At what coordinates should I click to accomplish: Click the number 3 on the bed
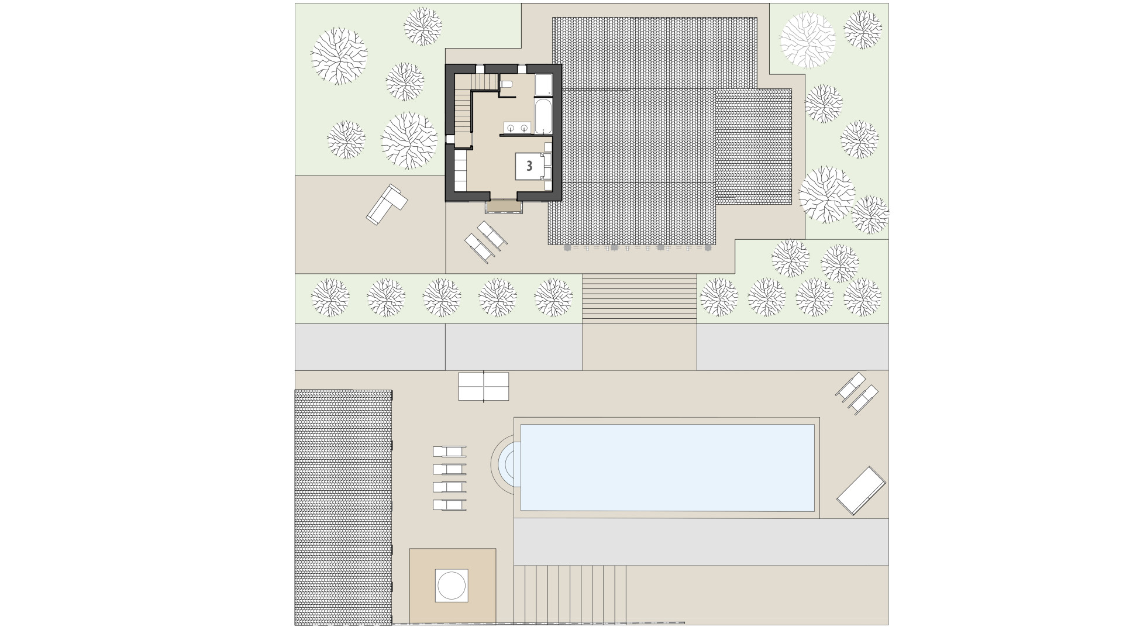(x=529, y=166)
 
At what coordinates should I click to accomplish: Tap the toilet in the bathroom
(x=507, y=85)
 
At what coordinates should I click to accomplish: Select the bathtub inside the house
(x=542, y=116)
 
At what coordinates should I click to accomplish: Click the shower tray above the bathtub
(x=543, y=85)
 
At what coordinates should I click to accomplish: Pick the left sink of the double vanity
(x=511, y=127)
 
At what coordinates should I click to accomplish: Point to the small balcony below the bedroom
(x=502, y=207)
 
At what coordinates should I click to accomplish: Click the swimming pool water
(x=667, y=467)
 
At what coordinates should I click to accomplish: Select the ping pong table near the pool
(x=483, y=386)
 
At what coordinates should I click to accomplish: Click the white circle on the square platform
(x=452, y=586)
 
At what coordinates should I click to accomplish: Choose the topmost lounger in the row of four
(x=449, y=451)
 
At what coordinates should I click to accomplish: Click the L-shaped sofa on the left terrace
(x=386, y=203)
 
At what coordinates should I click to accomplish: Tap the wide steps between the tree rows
(x=639, y=298)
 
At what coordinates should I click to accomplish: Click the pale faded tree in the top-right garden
(x=808, y=40)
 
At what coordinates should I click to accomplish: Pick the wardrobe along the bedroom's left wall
(x=460, y=170)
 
